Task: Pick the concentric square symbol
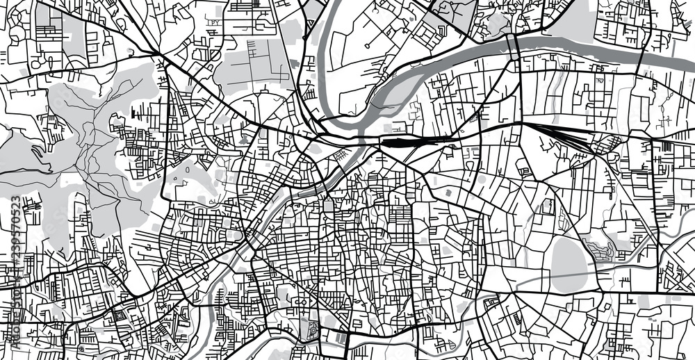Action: pyautogui.click(x=117, y=316)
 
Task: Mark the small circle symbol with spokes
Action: pyautogui.click(x=81, y=347)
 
